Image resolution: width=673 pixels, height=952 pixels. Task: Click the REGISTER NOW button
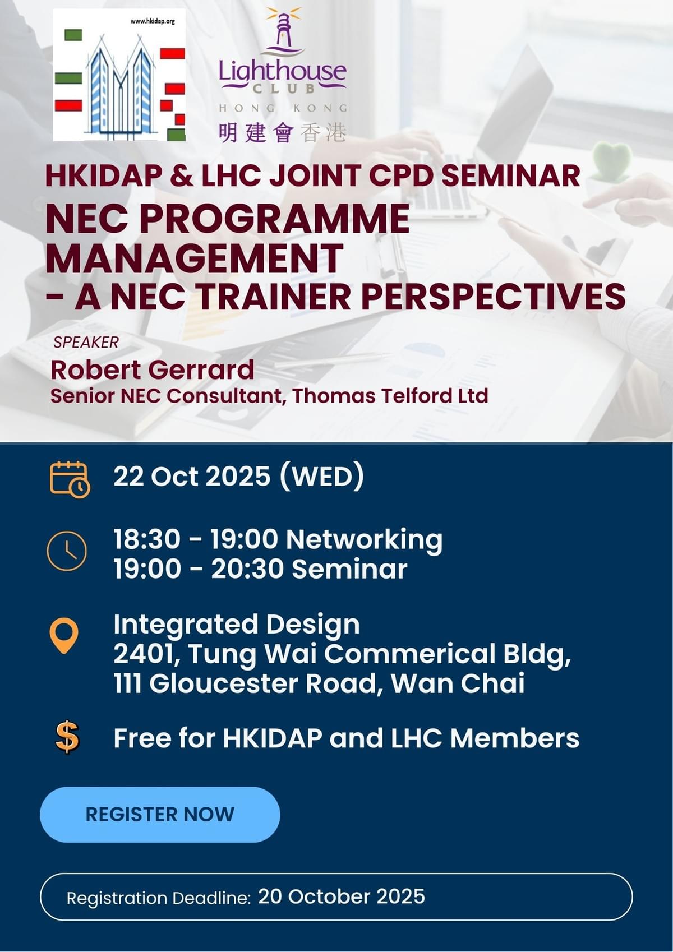(160, 814)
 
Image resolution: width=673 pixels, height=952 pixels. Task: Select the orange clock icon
(67, 551)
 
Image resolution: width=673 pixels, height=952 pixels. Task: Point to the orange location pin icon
(64, 636)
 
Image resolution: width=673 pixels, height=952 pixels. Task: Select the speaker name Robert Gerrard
(152, 369)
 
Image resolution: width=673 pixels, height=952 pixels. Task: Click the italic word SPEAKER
(86, 343)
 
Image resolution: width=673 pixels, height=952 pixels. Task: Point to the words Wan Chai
(458, 684)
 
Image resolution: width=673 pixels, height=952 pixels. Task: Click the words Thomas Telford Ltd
(390, 396)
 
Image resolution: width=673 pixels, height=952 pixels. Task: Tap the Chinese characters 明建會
(256, 133)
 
